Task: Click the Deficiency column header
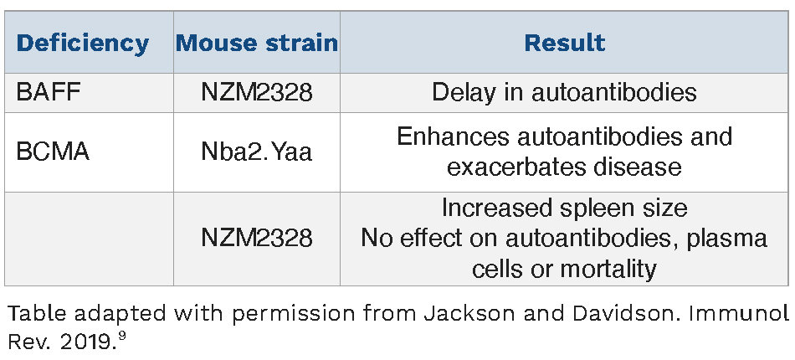click(83, 44)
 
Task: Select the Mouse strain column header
click(257, 43)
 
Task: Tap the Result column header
click(564, 43)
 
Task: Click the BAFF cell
click(49, 92)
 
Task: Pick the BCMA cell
click(53, 152)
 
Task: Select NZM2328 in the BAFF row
click(257, 92)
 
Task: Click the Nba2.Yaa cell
click(257, 152)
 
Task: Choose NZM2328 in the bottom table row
click(257, 237)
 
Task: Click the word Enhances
click(453, 136)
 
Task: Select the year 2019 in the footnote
click(83, 342)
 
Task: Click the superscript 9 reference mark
click(121, 337)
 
